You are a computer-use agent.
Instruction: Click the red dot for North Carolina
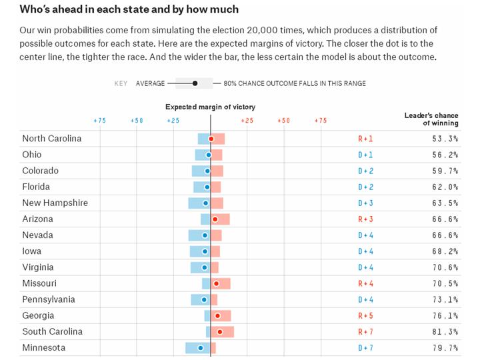(x=211, y=139)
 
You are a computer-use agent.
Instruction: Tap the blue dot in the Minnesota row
(x=200, y=348)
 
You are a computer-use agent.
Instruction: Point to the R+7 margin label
(x=366, y=332)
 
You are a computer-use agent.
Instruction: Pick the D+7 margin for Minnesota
(x=366, y=348)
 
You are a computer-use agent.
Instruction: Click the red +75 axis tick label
(x=320, y=121)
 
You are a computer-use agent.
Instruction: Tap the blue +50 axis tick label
(x=136, y=121)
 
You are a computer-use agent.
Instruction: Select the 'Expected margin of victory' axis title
(x=210, y=107)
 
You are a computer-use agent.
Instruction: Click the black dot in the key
(x=195, y=83)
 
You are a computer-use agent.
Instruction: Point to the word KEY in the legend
(x=121, y=83)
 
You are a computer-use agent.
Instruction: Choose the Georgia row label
(x=38, y=316)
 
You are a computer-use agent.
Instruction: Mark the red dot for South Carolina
(x=219, y=332)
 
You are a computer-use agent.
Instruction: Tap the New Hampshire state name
(x=55, y=203)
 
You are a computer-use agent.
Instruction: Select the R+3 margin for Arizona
(x=366, y=219)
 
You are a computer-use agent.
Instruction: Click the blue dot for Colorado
(x=207, y=171)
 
